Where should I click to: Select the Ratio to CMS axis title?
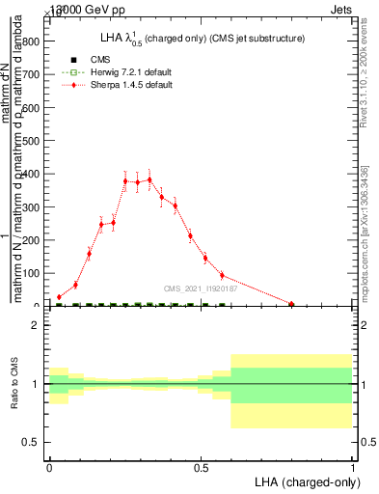click(x=14, y=384)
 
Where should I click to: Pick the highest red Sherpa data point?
click(x=149, y=179)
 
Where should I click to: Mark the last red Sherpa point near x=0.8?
click(x=291, y=304)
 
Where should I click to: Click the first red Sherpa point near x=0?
click(x=59, y=297)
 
